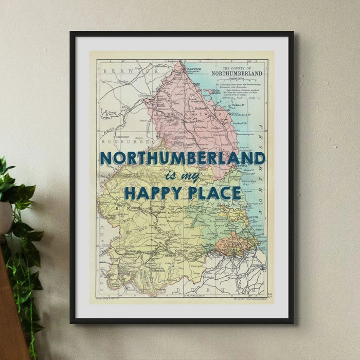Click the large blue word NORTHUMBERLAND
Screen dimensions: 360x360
tap(183, 158)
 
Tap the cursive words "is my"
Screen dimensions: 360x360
tap(183, 176)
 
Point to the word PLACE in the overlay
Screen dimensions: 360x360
tap(214, 193)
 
